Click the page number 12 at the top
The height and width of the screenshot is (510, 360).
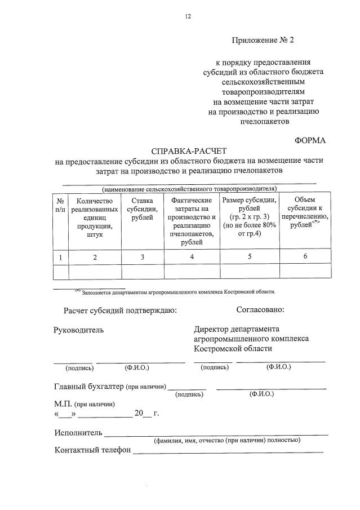click(188, 16)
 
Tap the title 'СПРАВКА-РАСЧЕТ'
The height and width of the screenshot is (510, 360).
click(188, 151)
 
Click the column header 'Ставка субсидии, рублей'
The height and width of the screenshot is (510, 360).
click(142, 210)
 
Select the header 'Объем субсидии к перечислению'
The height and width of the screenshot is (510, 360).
click(305, 213)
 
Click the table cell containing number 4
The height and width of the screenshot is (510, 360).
click(192, 257)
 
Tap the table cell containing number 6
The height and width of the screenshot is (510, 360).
click(305, 257)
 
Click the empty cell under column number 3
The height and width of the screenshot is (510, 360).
click(142, 272)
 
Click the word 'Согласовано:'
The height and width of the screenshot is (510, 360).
click(260, 309)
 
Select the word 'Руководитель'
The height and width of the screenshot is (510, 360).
click(78, 330)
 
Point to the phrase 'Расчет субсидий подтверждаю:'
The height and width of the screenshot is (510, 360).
click(120, 310)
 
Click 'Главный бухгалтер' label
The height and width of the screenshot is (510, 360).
click(88, 387)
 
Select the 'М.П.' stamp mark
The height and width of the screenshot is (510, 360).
click(63, 403)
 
